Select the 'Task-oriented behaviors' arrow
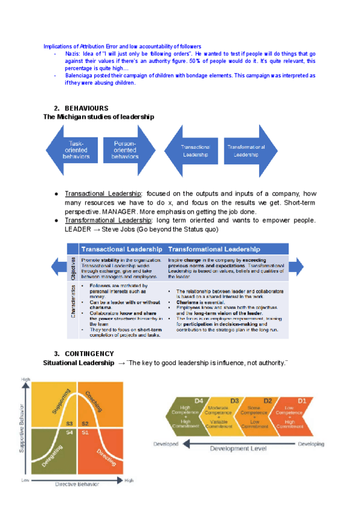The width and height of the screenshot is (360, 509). [75, 149]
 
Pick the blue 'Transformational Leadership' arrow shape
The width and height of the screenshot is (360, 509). [246, 150]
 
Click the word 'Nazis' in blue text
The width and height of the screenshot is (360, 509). [73, 53]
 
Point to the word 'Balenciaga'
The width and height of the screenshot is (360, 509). [80, 76]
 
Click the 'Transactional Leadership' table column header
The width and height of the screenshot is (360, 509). [121, 248]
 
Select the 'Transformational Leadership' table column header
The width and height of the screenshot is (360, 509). [214, 248]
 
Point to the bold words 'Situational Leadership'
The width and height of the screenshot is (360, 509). [78, 363]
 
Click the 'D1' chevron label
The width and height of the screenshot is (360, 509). [302, 400]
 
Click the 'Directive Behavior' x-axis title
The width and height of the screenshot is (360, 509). [77, 484]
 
